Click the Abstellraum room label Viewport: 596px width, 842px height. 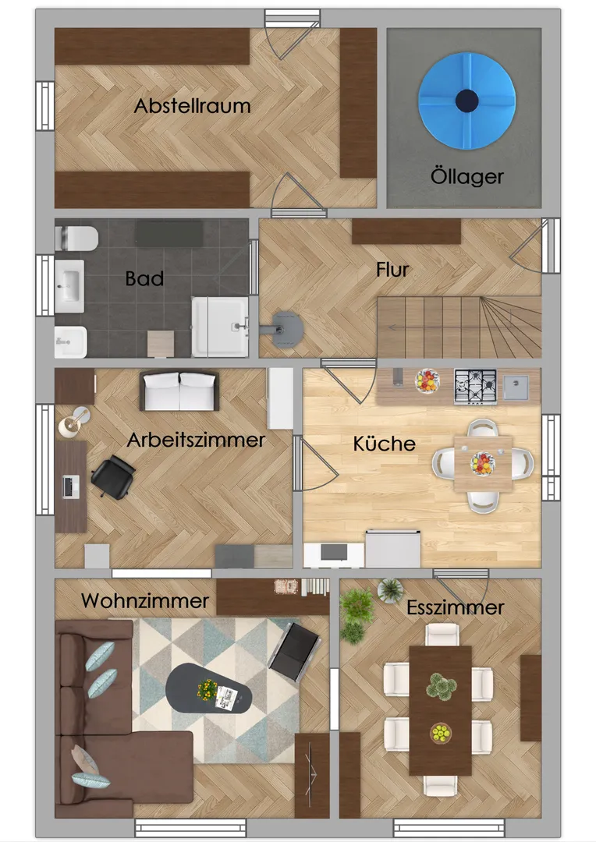click(x=193, y=106)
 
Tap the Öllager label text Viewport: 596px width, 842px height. click(x=467, y=176)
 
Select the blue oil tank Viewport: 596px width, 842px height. click(x=467, y=101)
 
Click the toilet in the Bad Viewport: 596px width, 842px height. click(x=76, y=239)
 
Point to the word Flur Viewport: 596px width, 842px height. click(x=392, y=270)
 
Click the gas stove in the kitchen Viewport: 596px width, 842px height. click(x=475, y=386)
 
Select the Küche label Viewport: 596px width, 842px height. click(x=385, y=444)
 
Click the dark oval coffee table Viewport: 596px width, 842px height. click(x=208, y=688)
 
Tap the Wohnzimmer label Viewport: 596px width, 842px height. click(x=145, y=600)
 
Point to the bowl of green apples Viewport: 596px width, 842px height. click(x=441, y=732)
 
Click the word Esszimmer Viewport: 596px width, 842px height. click(x=456, y=607)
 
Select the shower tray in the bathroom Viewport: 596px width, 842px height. click(x=220, y=327)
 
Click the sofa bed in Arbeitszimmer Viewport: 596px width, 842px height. click(x=179, y=391)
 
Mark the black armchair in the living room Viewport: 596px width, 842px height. click(x=295, y=651)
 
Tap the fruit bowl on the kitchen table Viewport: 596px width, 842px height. click(x=483, y=463)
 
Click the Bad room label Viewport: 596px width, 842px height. click(x=144, y=278)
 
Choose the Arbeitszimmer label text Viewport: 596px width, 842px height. click(x=196, y=440)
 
